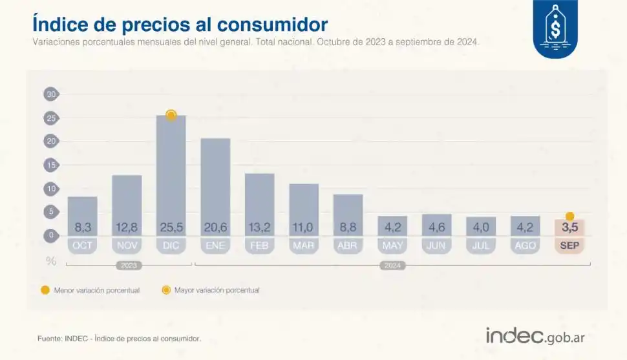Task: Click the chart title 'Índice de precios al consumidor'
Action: (x=180, y=25)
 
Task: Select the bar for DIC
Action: (x=171, y=175)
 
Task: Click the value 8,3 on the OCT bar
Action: (x=82, y=228)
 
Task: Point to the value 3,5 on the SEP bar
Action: (x=569, y=228)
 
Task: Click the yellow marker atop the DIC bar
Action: (x=171, y=115)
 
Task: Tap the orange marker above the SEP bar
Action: (x=569, y=217)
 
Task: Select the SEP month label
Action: (x=569, y=246)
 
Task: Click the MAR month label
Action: (x=304, y=246)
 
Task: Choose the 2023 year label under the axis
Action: (x=128, y=266)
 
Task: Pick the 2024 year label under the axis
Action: (x=392, y=266)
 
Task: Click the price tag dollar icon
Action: (x=555, y=28)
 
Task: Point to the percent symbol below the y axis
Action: (x=50, y=261)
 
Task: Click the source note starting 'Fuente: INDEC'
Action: (x=119, y=338)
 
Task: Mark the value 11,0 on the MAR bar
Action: (x=304, y=228)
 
